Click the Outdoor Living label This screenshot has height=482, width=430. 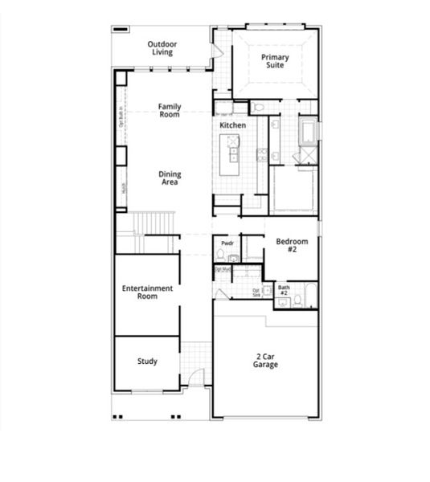[x=162, y=47]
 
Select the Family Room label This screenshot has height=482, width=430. [x=169, y=110]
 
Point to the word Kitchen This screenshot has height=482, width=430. [x=232, y=125]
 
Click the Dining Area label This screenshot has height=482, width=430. [x=169, y=178]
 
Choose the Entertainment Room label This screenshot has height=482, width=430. [x=147, y=292]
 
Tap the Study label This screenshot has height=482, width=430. [x=146, y=361]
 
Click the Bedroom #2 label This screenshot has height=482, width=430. [x=290, y=245]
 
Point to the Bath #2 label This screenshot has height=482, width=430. [x=284, y=290]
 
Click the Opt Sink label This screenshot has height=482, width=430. [x=256, y=292]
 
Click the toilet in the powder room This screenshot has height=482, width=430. [x=220, y=255]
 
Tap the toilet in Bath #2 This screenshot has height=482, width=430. [x=297, y=300]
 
